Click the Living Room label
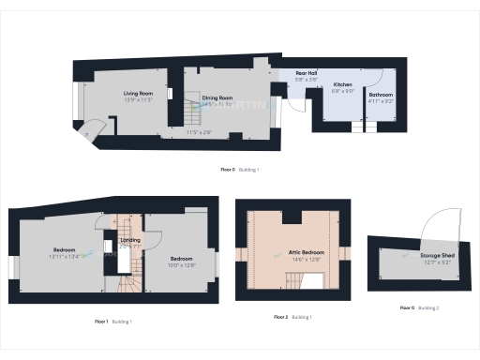(139, 94)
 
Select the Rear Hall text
(307, 73)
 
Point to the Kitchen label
(342, 84)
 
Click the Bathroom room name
(381, 95)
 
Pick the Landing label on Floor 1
(130, 240)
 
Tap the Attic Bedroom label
(293, 251)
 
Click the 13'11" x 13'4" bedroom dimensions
(65, 256)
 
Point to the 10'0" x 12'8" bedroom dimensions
(182, 265)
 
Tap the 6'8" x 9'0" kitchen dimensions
(342, 91)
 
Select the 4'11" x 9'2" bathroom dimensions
(381, 101)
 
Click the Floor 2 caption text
(280, 317)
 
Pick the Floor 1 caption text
(101, 322)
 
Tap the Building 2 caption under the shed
(427, 307)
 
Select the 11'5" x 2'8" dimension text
(200, 132)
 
